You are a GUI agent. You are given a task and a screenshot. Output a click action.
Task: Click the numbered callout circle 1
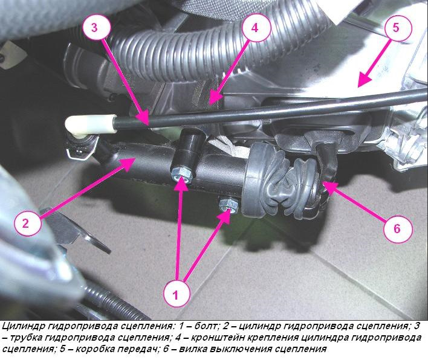click(x=176, y=294)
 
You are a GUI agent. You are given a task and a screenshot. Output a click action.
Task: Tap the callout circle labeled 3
click(x=95, y=28)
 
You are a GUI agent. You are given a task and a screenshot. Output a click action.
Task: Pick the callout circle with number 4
click(x=255, y=28)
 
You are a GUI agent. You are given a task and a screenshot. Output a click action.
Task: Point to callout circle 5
click(x=395, y=28)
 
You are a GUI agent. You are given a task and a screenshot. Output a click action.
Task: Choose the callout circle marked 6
click(x=397, y=228)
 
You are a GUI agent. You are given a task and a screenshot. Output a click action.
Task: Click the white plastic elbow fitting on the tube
click(x=90, y=125)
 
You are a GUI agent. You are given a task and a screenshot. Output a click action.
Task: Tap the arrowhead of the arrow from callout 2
click(x=127, y=163)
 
